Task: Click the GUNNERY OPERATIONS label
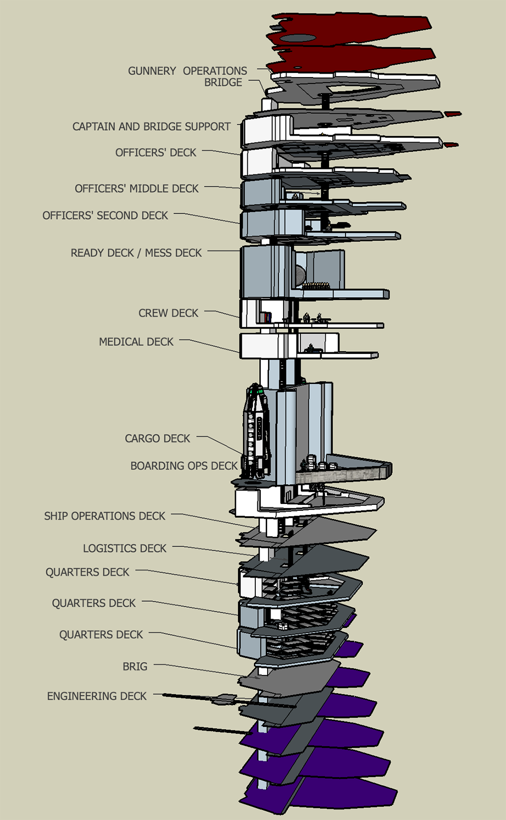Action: (x=187, y=71)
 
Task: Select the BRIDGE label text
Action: (x=223, y=82)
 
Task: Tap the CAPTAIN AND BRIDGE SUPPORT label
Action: (x=151, y=126)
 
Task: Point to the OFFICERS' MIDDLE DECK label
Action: (x=137, y=188)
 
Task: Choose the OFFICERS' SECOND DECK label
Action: (x=105, y=215)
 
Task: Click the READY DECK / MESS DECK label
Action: (x=136, y=252)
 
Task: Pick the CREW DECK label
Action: (x=168, y=313)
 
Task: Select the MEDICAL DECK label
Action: (x=136, y=341)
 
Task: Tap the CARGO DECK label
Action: (x=157, y=438)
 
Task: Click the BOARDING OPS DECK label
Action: (x=184, y=466)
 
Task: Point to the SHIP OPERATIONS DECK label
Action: (x=105, y=516)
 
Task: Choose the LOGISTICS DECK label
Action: (x=125, y=548)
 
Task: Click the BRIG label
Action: (x=135, y=666)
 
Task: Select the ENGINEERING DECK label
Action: (x=97, y=696)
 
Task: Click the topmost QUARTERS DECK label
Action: (x=87, y=572)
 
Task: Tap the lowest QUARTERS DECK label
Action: (x=101, y=635)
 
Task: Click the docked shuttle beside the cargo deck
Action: (x=257, y=432)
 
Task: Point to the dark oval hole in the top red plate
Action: (x=297, y=38)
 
